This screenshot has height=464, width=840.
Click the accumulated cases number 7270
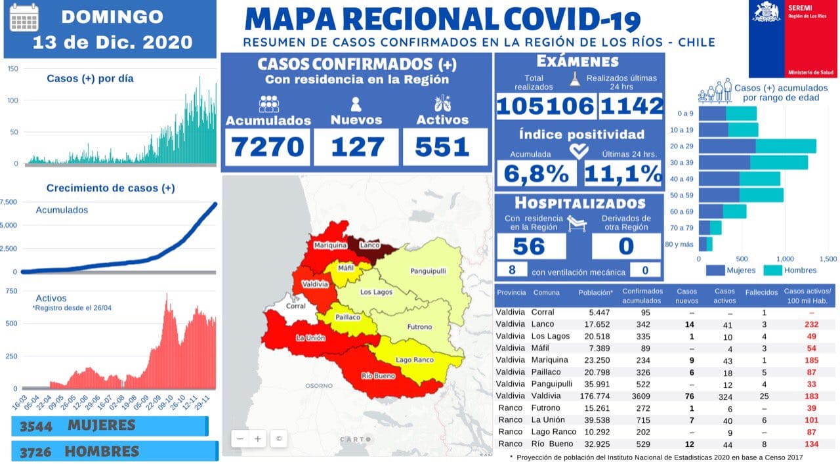(x=269, y=146)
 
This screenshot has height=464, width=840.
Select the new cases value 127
(x=356, y=146)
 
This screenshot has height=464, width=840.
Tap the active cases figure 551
(x=443, y=146)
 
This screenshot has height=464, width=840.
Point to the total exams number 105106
(x=545, y=105)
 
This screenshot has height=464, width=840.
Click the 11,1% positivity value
(x=622, y=173)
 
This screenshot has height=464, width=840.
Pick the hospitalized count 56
(x=529, y=246)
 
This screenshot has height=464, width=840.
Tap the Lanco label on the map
(x=370, y=245)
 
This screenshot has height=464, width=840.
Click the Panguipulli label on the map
(x=428, y=271)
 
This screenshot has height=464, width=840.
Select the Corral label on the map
(x=296, y=306)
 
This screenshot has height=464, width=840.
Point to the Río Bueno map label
(x=377, y=376)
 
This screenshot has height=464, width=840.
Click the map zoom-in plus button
(x=258, y=438)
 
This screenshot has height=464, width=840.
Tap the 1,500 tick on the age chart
(x=828, y=259)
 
